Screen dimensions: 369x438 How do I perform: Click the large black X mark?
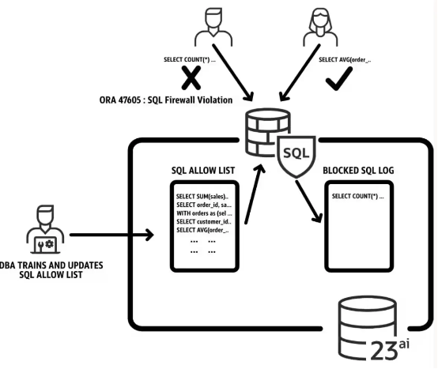pos(190,77)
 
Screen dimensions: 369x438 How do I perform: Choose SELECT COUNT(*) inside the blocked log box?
pos(357,196)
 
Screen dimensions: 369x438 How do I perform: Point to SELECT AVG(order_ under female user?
pos(345,59)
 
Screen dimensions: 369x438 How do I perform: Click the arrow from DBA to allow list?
pos(110,235)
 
